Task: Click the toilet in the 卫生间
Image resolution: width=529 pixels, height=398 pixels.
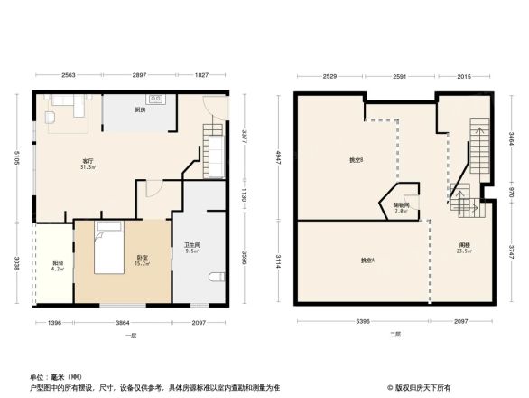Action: point(215,276)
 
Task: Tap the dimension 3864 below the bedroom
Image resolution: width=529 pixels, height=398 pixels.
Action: point(121,323)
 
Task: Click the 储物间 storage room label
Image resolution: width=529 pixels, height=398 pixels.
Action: point(402,207)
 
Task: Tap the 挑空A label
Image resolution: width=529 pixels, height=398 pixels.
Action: point(368,261)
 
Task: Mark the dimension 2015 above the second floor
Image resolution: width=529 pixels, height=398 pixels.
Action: point(464,76)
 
